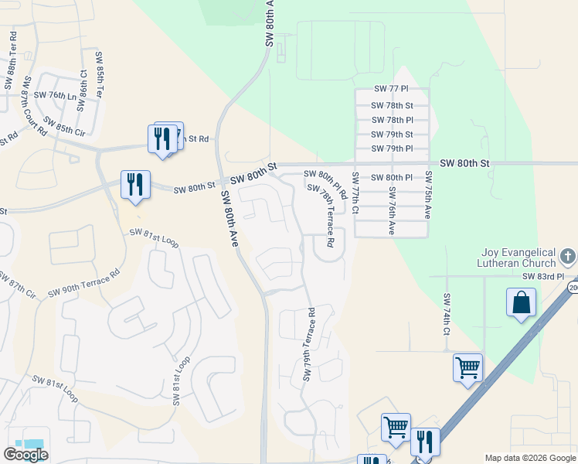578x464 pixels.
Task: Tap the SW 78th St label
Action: point(392,105)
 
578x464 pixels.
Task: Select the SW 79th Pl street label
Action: point(392,148)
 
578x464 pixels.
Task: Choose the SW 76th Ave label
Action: point(392,210)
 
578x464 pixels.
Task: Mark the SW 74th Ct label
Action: point(447,314)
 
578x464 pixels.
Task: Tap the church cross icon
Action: point(568,256)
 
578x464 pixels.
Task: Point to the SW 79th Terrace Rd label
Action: point(310,345)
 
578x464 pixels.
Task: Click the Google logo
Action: point(25,455)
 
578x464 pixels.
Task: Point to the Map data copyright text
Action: point(530,458)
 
